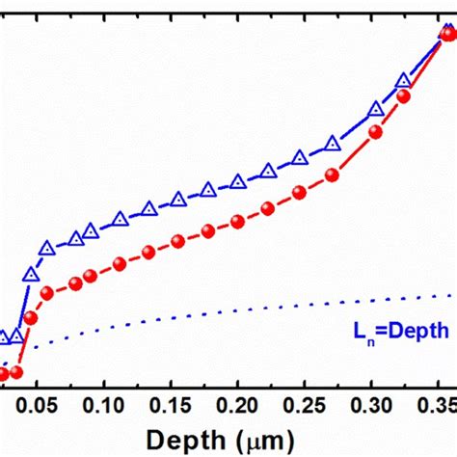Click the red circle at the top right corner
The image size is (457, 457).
447,34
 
